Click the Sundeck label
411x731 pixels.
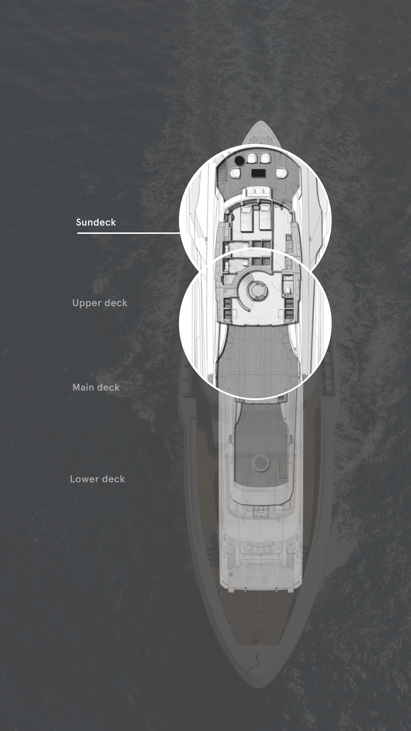click(x=96, y=222)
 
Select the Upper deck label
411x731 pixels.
click(x=100, y=303)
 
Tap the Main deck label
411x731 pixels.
click(x=96, y=387)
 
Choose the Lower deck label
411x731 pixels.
click(x=97, y=479)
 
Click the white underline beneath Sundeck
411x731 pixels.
click(x=128, y=233)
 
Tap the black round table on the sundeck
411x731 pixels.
click(x=239, y=160)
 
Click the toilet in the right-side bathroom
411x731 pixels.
click(x=288, y=290)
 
